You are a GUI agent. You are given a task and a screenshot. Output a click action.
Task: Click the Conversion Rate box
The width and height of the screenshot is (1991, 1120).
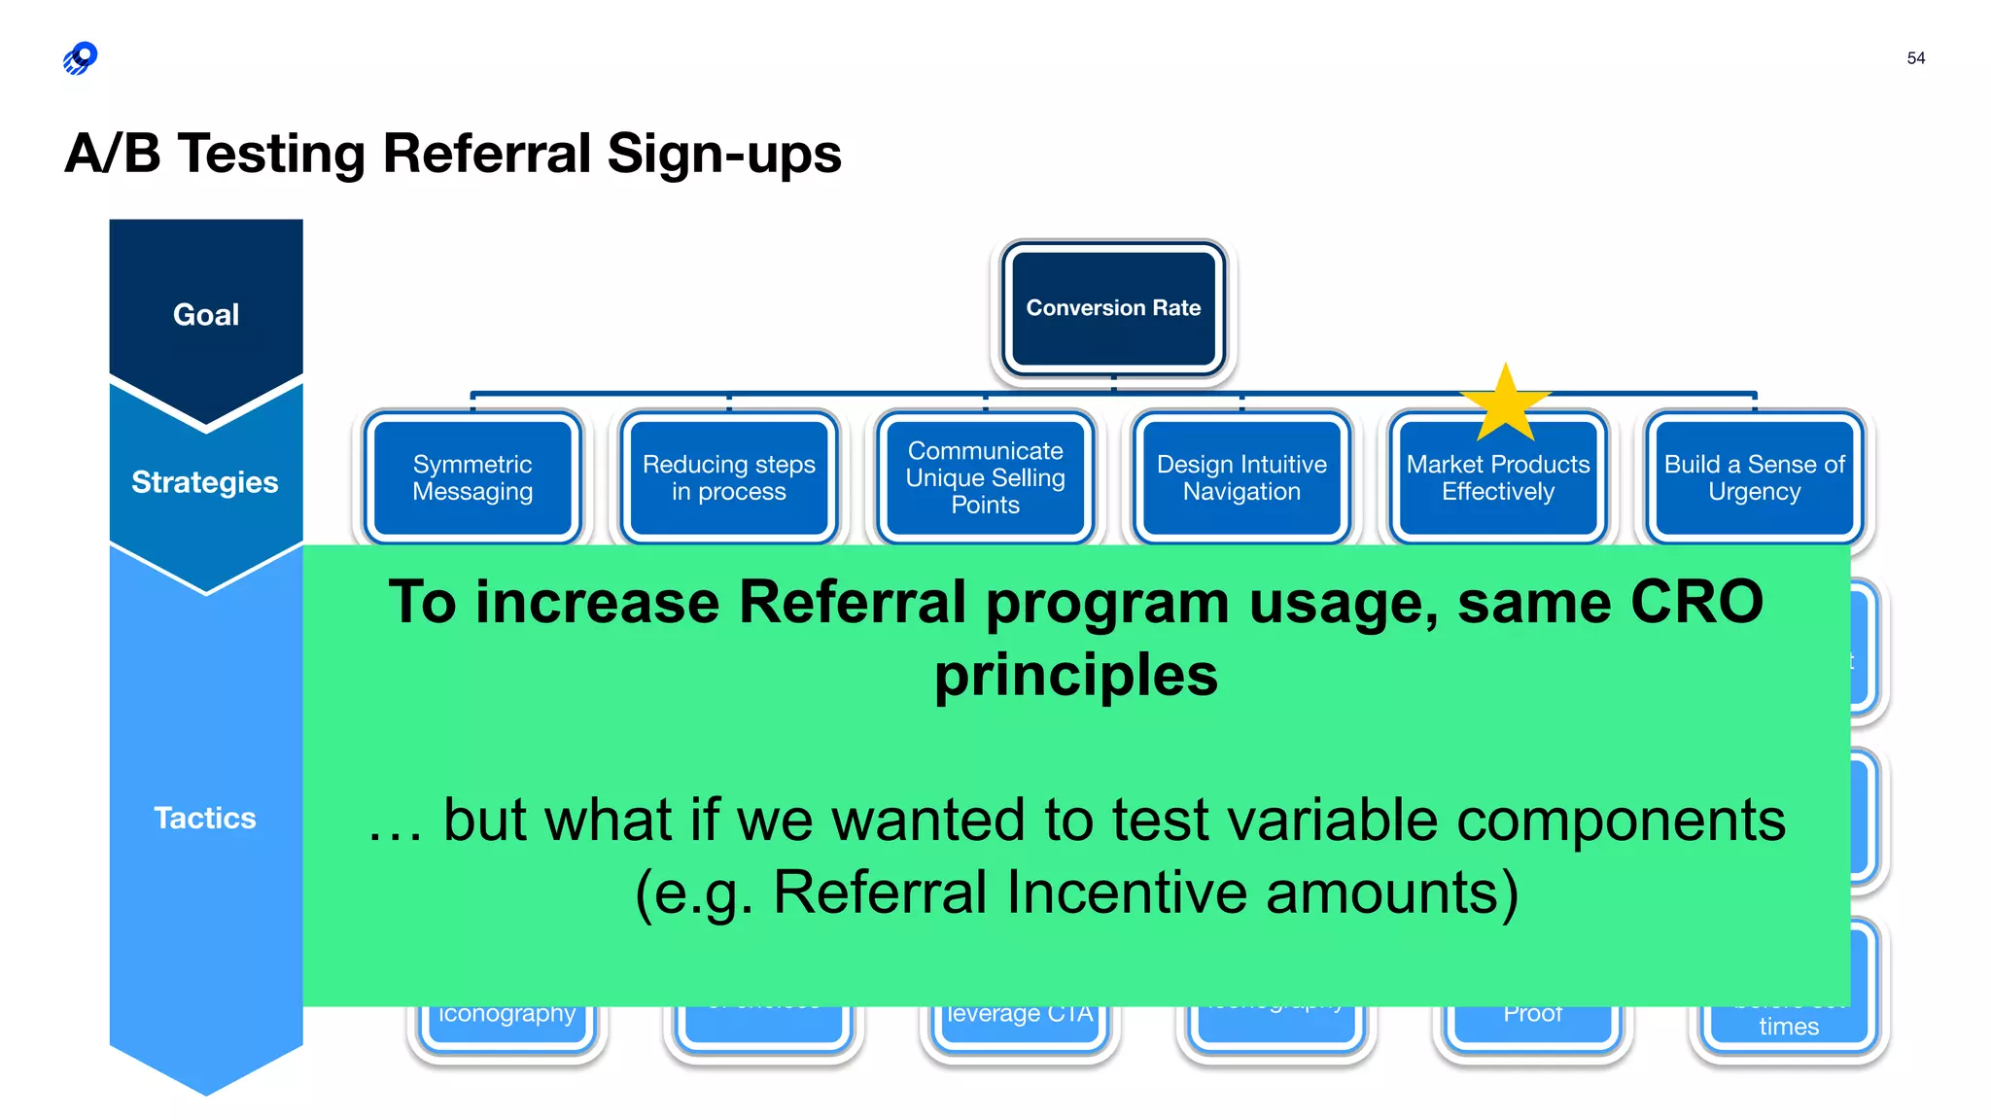pos(1113,308)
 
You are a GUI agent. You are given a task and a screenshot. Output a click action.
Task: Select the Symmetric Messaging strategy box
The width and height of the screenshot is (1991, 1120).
pos(472,477)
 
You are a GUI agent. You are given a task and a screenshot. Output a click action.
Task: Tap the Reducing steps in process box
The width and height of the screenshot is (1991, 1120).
pos(728,477)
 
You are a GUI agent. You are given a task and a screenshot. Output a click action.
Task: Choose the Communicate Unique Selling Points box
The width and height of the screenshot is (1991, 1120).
pos(985,477)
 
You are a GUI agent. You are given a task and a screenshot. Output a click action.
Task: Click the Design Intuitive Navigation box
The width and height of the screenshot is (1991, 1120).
pos(1241,477)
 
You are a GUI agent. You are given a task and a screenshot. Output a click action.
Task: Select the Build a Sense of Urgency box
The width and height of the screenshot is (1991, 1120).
pos(1754,477)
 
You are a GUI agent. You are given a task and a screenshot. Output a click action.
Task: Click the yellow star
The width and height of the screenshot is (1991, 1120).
pos(1505,403)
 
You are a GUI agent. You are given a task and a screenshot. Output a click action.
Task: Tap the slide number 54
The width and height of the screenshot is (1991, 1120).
pos(1915,58)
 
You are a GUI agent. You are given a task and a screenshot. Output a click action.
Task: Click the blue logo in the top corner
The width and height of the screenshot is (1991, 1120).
pos(81,58)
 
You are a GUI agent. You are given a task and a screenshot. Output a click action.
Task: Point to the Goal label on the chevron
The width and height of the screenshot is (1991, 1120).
pos(206,315)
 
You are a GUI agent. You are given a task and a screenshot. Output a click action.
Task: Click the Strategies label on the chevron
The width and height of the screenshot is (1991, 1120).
pos(205,482)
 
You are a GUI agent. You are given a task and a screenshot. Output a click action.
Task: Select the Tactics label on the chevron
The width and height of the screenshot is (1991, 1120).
pos(205,818)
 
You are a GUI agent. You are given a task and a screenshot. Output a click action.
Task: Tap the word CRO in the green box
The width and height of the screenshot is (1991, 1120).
pos(1695,602)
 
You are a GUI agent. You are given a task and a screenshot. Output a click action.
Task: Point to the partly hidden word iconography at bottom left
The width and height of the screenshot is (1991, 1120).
pos(506,1015)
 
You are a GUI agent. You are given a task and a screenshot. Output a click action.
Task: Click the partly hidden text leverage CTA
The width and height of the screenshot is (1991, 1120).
pos(1020,1015)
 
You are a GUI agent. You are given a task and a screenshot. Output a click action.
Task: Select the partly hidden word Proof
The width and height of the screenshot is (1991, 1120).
pos(1532,1015)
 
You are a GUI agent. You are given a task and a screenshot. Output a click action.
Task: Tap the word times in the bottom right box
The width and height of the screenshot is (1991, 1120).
pos(1788,1027)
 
